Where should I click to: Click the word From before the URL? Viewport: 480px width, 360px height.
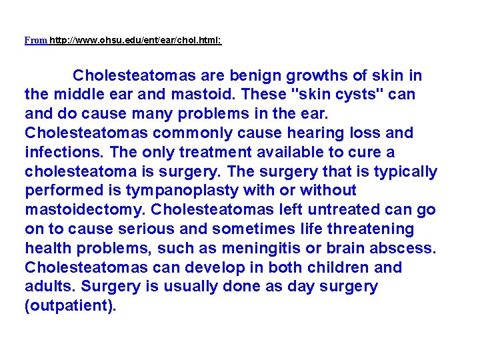coord(35,40)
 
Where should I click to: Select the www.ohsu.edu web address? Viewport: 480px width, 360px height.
coord(135,40)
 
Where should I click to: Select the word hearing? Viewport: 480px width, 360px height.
coord(317,133)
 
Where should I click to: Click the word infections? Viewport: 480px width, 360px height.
coord(59,152)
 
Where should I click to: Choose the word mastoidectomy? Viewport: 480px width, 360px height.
coord(84,210)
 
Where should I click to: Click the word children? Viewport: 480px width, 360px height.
coord(328,267)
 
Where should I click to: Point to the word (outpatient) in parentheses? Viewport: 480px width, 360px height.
coord(70,307)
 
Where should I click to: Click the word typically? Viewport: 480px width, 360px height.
coord(405,171)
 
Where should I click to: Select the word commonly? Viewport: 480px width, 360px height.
coord(203,133)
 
